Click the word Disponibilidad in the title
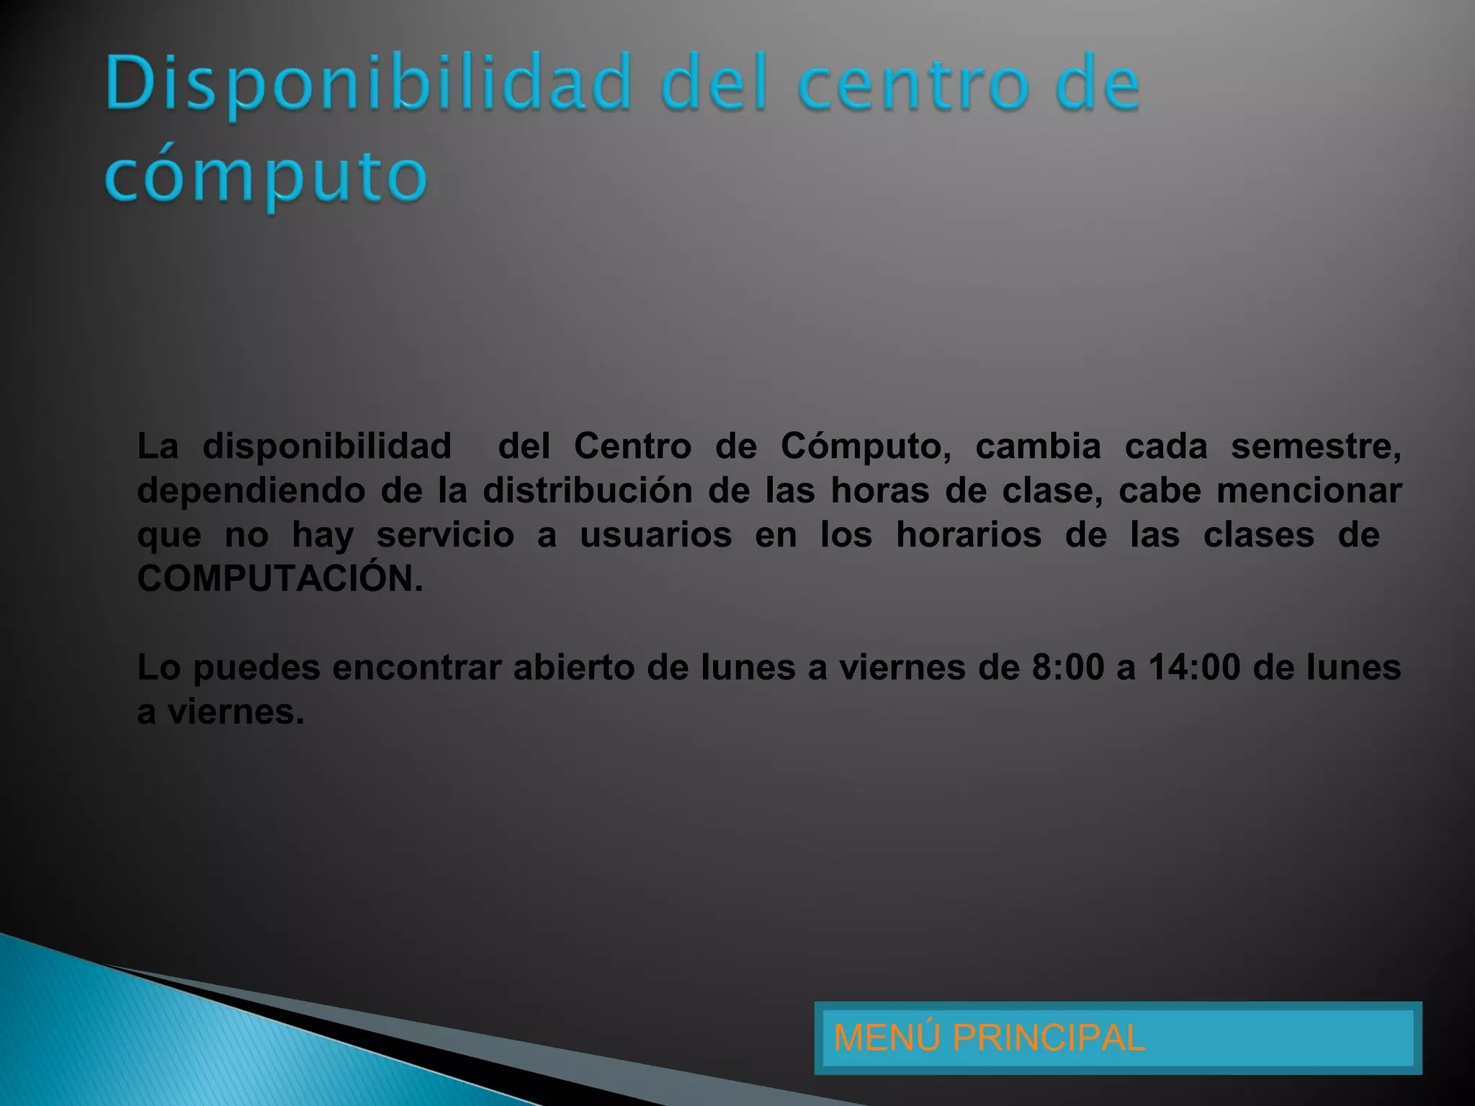click(368, 84)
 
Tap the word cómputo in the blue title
click(266, 176)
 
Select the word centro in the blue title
click(912, 84)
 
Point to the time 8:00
click(1068, 667)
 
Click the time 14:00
click(1194, 667)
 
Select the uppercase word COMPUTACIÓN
click(280, 578)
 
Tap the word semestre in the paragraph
click(1315, 446)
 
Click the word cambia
click(1038, 446)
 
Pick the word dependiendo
click(251, 491)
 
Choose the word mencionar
click(1309, 491)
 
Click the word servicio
click(445, 535)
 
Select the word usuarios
click(655, 535)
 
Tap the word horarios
click(969, 535)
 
